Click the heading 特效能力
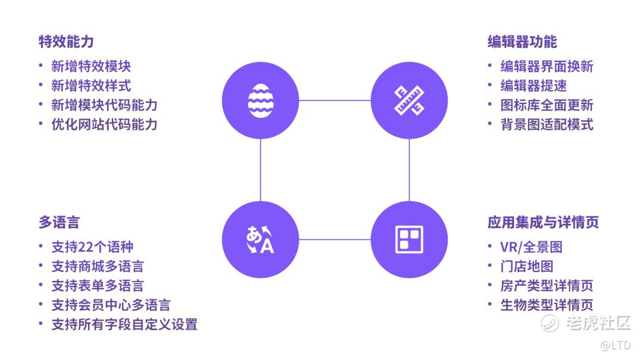(x=66, y=42)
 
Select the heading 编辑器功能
(x=522, y=42)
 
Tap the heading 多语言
(x=59, y=223)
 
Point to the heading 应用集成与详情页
(x=542, y=223)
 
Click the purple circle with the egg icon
(x=260, y=101)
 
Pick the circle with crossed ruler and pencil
(x=409, y=101)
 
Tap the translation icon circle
(x=260, y=239)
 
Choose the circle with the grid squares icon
(x=409, y=239)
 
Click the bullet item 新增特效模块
(x=90, y=66)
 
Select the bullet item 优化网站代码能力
(x=104, y=124)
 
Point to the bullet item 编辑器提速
(x=533, y=86)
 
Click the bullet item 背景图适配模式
(x=547, y=124)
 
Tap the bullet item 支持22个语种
(x=92, y=247)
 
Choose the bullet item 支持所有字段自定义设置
(x=124, y=324)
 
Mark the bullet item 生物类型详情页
(x=547, y=305)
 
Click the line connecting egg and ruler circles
(x=335, y=101)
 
